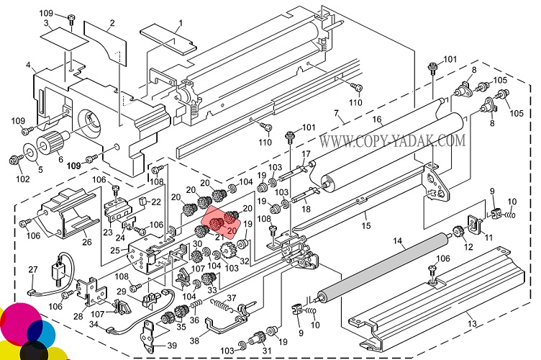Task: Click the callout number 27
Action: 33,270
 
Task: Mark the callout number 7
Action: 336,112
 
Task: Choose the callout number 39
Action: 171,346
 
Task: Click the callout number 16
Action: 376,119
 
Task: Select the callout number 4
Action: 29,66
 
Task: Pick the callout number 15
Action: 366,226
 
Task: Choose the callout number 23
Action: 107,232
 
